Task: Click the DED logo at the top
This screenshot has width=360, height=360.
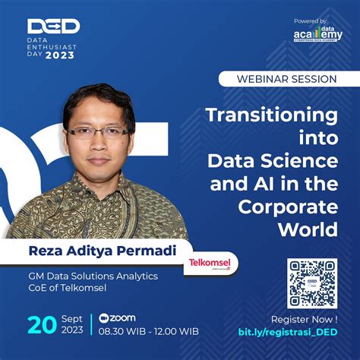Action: click(x=53, y=26)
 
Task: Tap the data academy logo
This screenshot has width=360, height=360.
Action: click(x=312, y=35)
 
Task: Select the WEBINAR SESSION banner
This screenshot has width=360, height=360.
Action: click(x=289, y=79)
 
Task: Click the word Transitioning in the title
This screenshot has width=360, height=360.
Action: click(x=273, y=115)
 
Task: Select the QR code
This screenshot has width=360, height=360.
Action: click(x=311, y=283)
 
